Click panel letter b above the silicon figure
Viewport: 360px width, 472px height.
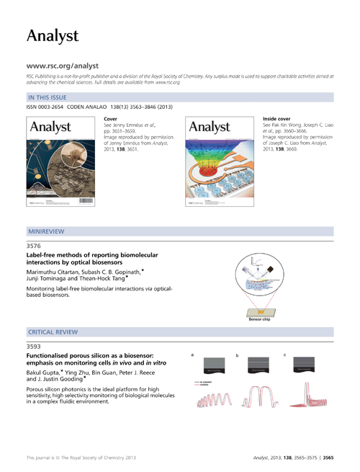(x=238, y=355)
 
